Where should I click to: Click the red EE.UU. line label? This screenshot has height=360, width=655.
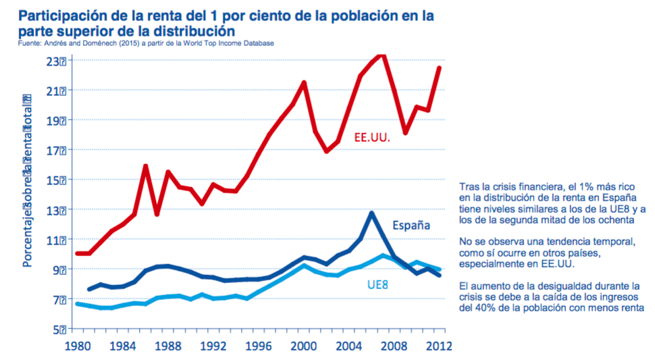373,137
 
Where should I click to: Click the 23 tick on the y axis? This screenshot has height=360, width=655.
57,61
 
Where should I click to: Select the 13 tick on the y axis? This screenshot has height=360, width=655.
57,209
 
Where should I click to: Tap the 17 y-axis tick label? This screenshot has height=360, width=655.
57,150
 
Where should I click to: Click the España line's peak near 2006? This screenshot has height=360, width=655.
371,213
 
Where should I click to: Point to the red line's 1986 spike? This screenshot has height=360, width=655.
146,166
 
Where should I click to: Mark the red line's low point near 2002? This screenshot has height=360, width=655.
327,151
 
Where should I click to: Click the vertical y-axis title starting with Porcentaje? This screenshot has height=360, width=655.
28,180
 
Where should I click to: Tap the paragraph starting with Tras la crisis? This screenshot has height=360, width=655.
548,203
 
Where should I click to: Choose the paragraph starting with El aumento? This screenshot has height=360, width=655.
548,297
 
